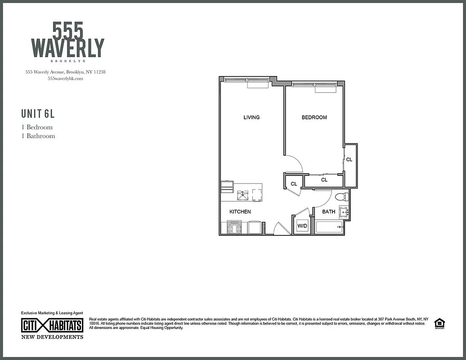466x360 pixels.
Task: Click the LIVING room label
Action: pyautogui.click(x=251, y=117)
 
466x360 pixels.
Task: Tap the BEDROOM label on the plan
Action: pyautogui.click(x=314, y=117)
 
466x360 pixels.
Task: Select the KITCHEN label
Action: pyautogui.click(x=240, y=211)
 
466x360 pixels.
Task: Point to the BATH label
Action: pyautogui.click(x=328, y=211)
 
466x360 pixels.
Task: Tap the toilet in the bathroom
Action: pyautogui.click(x=342, y=197)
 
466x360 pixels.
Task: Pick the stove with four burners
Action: pyautogui.click(x=234, y=228)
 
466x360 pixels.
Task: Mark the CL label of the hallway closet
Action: pyautogui.click(x=294, y=184)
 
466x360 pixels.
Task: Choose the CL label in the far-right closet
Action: pyautogui.click(x=349, y=160)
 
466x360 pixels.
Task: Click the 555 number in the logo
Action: pyautogui.click(x=67, y=31)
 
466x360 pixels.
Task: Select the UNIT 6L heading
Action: pyautogui.click(x=38, y=113)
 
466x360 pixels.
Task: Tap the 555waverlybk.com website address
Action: pyautogui.click(x=65, y=78)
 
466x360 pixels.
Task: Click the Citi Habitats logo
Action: pyautogui.click(x=52, y=325)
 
